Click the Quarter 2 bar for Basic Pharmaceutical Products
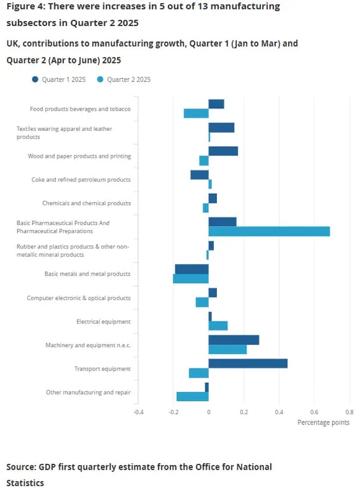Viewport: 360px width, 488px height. pyautogui.click(x=269, y=231)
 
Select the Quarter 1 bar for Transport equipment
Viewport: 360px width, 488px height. pyautogui.click(x=248, y=363)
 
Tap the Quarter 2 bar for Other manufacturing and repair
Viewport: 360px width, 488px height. pyautogui.click(x=193, y=396)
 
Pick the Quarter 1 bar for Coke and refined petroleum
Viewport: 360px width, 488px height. pyautogui.click(x=199, y=175)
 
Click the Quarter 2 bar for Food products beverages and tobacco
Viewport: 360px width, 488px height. pyautogui.click(x=196, y=113)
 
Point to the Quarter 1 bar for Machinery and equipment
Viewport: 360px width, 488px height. pyautogui.click(x=233, y=340)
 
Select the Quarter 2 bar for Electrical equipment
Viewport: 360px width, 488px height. pyautogui.click(x=218, y=326)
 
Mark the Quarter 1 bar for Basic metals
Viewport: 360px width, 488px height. pyautogui.click(x=192, y=269)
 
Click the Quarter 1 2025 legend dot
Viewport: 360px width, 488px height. pyautogui.click(x=35, y=79)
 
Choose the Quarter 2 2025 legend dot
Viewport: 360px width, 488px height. pyautogui.click(x=100, y=79)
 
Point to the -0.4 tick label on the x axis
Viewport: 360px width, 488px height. pyautogui.click(x=138, y=412)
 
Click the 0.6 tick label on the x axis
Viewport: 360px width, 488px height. pyautogui.click(x=314, y=412)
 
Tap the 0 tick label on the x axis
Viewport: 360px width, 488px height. pyautogui.click(x=209, y=412)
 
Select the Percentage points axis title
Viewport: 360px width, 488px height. pyautogui.click(x=323, y=423)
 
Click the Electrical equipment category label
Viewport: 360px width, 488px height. pyautogui.click(x=104, y=322)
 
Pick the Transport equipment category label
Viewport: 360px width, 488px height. pyautogui.click(x=102, y=369)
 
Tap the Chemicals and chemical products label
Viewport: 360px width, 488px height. pyautogui.click(x=87, y=203)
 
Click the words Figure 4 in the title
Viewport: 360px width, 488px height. pyautogui.click(x=25, y=6)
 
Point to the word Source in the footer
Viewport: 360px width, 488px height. pyautogui.click(x=20, y=467)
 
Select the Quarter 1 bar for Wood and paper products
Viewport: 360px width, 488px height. pyautogui.click(x=223, y=151)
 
